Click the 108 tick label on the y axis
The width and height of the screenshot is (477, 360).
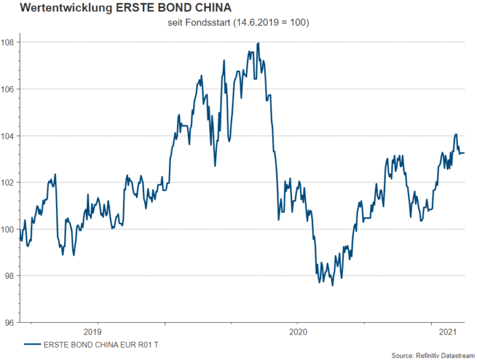[x=11, y=42]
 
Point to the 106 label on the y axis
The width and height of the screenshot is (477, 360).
[x=11, y=89]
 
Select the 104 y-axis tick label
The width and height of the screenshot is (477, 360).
[x=11, y=136]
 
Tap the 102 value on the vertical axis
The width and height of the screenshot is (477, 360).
[x=11, y=182]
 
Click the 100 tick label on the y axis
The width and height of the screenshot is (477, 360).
[x=11, y=229]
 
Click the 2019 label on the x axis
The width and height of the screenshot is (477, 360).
[x=91, y=332]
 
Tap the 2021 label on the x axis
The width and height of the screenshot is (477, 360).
[x=448, y=332]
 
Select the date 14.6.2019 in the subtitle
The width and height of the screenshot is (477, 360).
[x=256, y=23]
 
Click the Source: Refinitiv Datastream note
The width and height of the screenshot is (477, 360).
[x=429, y=354]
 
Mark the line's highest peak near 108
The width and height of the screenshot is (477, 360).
[x=258, y=43]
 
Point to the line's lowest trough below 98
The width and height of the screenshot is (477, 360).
[x=332, y=286]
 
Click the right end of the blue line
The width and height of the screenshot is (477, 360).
[x=465, y=153]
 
